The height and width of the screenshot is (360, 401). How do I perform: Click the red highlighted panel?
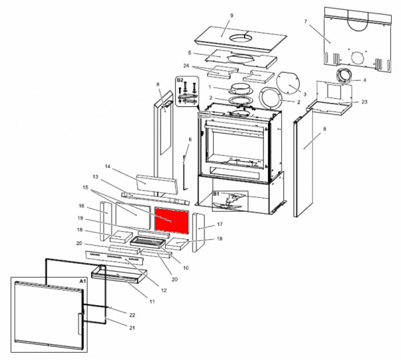(x=172, y=219)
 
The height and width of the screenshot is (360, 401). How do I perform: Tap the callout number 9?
(x=231, y=15)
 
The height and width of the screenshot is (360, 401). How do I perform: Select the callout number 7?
(x=305, y=22)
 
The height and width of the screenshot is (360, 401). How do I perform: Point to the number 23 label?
(x=364, y=102)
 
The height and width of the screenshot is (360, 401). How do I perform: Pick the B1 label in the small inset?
(x=217, y=194)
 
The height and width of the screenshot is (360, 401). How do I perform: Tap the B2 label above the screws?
(x=180, y=80)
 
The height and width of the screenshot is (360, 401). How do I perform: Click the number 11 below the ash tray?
(x=152, y=302)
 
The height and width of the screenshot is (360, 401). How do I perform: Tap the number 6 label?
(x=190, y=140)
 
